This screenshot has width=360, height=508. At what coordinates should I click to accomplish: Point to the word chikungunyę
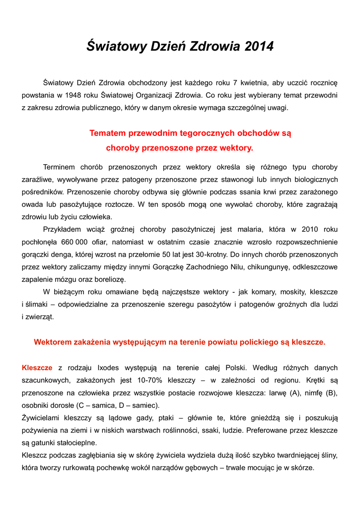[255, 267]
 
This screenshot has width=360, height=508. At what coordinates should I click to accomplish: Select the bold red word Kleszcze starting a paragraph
[37, 368]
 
